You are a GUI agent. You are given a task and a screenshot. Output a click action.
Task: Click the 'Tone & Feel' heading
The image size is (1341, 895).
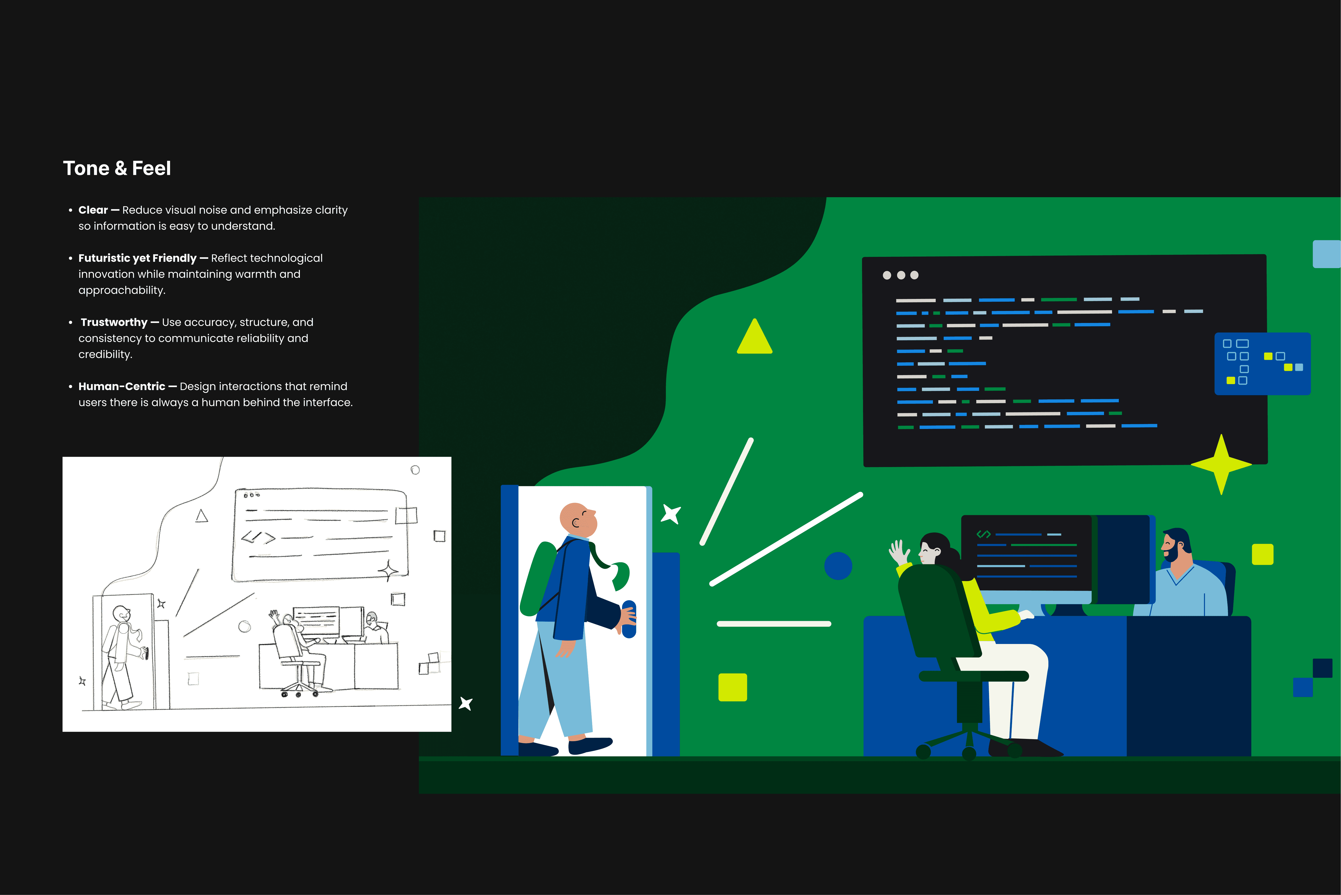pos(117,168)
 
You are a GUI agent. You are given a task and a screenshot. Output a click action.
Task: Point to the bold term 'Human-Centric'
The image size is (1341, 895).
pos(121,386)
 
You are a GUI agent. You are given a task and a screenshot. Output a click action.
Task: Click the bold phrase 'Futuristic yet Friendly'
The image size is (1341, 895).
pos(137,258)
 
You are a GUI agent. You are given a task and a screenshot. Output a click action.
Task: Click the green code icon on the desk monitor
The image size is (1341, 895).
pos(983,534)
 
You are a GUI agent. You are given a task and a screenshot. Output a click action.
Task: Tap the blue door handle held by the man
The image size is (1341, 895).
pos(629,619)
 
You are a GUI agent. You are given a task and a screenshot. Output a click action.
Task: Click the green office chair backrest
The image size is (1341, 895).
pos(936,611)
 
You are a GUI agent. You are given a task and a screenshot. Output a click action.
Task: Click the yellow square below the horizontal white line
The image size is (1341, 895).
pos(733,687)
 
